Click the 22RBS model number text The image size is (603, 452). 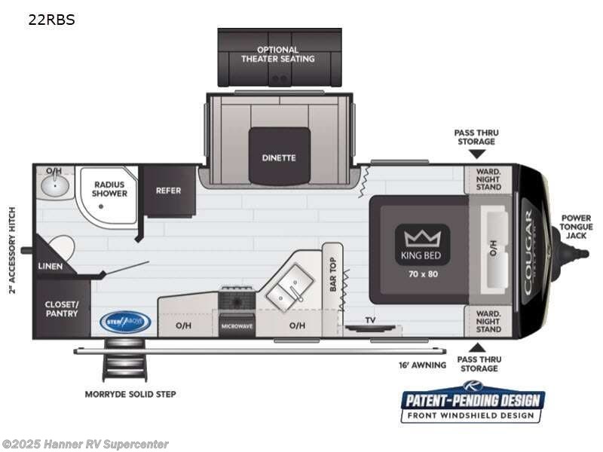(51, 20)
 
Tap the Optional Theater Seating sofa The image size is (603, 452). (279, 57)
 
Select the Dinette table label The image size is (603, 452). (279, 157)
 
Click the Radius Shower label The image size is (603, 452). (110, 188)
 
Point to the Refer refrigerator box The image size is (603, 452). (168, 191)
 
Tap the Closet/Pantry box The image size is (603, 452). (61, 308)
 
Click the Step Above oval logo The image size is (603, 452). (125, 322)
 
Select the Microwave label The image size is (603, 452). (237, 325)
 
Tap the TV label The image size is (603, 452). (370, 320)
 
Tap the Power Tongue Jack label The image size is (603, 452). (577, 228)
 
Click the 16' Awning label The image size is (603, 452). (423, 365)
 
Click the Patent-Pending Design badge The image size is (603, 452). (472, 402)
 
